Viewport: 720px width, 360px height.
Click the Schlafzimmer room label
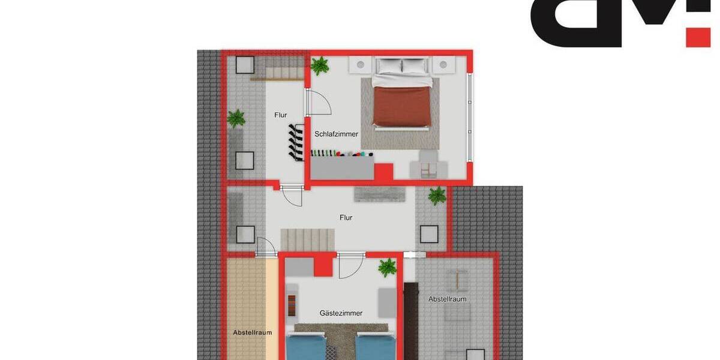[336, 134]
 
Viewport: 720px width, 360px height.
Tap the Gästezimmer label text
[341, 313]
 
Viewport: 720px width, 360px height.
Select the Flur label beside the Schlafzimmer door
[281, 115]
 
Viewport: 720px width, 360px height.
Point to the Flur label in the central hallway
[346, 218]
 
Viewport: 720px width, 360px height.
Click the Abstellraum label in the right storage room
[447, 299]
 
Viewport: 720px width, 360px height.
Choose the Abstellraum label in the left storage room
[253, 332]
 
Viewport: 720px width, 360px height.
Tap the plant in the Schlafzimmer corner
[320, 65]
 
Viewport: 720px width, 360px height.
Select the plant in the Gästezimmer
[388, 268]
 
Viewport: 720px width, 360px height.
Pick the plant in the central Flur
[437, 195]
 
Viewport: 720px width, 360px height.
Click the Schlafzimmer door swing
[320, 103]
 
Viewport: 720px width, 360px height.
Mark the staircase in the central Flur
[308, 239]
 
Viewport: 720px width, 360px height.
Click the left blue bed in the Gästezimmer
[306, 347]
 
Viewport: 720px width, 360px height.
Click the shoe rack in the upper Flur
[294, 142]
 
